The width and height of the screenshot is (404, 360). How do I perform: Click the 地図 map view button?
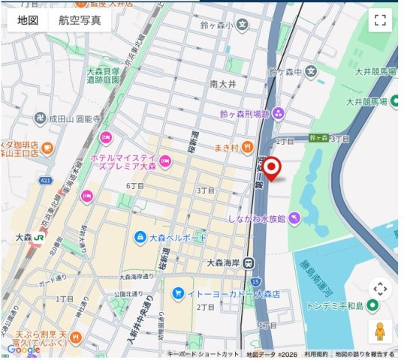coord(28,20)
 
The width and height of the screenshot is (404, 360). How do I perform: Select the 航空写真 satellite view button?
coord(80,20)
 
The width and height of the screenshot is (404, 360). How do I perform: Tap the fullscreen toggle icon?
coord(380,20)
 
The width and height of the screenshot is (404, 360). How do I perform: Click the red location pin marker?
coord(273,169)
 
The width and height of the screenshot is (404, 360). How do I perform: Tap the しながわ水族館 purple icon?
coord(294,218)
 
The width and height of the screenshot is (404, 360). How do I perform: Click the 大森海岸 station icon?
coord(249,262)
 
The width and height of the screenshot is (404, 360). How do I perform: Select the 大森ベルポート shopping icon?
coord(140,238)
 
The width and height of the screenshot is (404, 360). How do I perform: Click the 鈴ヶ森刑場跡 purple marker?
coord(279,114)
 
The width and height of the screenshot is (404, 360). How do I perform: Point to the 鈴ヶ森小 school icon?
coord(243,25)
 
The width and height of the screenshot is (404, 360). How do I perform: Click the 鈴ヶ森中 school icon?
coord(310,72)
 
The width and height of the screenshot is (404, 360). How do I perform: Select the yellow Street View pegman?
coord(380,330)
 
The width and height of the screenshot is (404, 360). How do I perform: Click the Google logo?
coord(23,349)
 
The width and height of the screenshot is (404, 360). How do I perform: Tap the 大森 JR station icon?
coord(37,237)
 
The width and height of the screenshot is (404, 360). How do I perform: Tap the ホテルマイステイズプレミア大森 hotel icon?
coord(166,160)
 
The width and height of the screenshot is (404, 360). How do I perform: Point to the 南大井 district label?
coord(223,84)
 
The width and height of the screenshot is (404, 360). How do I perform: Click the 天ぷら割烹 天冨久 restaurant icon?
coord(76,338)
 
